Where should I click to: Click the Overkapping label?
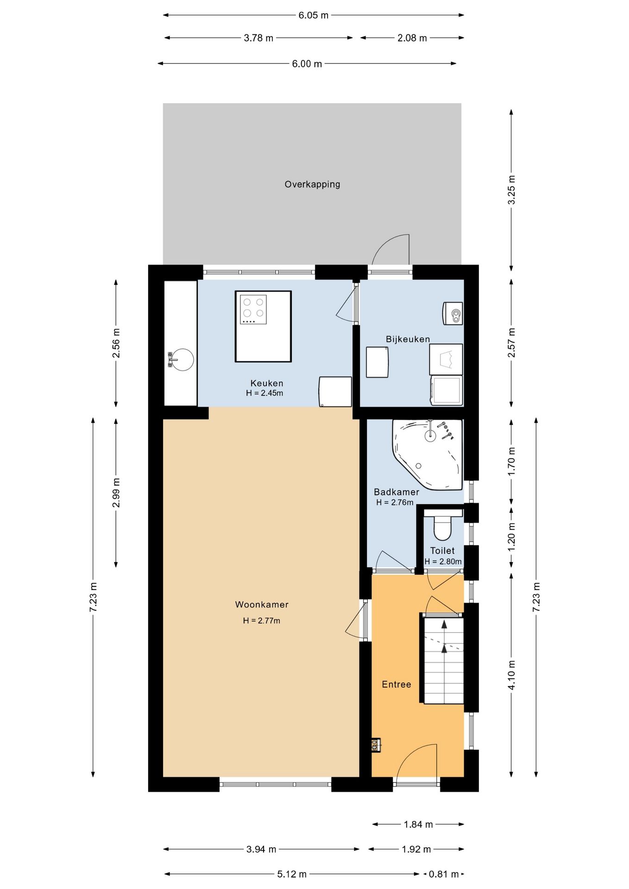[312, 184]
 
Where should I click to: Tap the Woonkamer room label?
[262, 604]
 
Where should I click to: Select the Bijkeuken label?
[408, 339]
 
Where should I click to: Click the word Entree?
[396, 684]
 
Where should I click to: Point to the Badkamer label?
[396, 492]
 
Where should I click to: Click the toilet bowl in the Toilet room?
[442, 528]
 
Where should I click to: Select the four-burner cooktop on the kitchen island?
[253, 309]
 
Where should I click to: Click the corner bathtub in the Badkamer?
[428, 454]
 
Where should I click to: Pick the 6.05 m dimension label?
[313, 15]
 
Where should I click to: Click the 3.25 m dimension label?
[511, 190]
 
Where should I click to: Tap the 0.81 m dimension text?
[443, 874]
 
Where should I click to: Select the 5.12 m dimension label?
[292, 874]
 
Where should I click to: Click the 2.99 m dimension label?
[116, 493]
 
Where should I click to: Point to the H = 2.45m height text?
[264, 393]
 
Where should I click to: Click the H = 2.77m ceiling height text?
[262, 620]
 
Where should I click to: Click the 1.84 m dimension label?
[418, 824]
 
